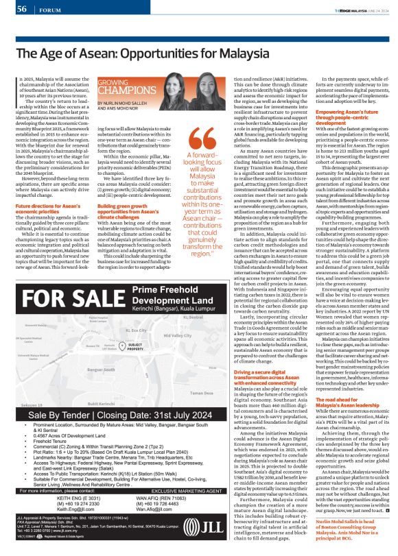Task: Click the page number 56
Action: pyautogui.click(x=20, y=8)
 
